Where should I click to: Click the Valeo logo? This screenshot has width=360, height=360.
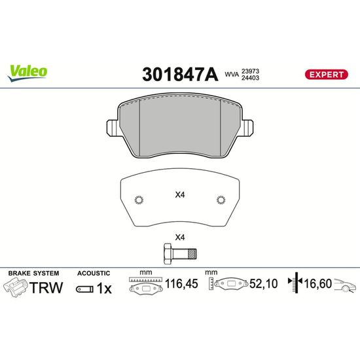click(27, 73)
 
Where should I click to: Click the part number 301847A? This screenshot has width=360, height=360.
click(180, 75)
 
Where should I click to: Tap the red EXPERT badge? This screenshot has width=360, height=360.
click(326, 75)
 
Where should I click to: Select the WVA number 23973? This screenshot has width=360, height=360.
click(250, 71)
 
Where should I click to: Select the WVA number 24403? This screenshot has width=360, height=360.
click(250, 78)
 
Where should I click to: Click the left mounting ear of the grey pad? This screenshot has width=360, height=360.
click(113, 128)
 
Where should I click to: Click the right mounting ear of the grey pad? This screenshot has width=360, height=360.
click(247, 128)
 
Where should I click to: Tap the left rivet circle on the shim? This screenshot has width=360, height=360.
click(139, 200)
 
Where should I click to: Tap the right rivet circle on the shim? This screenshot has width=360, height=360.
click(221, 200)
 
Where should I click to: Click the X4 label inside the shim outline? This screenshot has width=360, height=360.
click(180, 195)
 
